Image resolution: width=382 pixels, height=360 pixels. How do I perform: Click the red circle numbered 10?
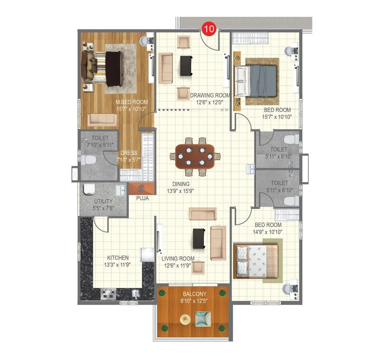coord(209,29)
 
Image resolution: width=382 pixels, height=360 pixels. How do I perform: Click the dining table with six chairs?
coord(195,156)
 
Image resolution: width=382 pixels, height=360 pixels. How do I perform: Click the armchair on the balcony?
coord(203,319)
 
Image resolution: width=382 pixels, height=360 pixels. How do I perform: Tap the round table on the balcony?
coord(185,319)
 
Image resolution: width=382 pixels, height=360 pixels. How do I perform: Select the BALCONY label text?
coord(195,294)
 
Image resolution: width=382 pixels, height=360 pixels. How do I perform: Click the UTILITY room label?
coord(103,201)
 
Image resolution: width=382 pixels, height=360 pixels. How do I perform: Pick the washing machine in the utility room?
coord(89,189)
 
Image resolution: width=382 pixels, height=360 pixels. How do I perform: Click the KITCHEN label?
coord(118,258)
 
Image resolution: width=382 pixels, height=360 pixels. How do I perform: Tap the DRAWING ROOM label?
coord(210,95)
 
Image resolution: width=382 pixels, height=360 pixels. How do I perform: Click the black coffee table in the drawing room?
coord(186,66)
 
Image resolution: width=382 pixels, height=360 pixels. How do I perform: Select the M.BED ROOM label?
coord(132,102)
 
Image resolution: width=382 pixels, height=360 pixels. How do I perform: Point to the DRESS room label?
coord(129,153)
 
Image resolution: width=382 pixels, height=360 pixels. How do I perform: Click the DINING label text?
coord(181,184)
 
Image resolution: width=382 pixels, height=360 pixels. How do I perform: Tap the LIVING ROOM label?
coord(178,259)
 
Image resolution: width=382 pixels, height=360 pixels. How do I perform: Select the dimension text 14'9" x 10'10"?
coord(267,232)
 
